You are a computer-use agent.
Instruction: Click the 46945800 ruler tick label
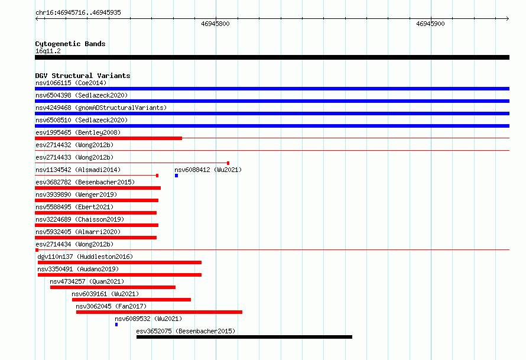[215, 24]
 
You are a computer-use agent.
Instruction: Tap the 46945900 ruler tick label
[430, 24]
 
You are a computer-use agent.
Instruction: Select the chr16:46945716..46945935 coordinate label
[78, 13]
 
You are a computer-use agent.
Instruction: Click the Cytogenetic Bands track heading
[70, 44]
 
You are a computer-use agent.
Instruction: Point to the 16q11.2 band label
[48, 51]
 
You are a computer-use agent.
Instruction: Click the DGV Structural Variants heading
[83, 76]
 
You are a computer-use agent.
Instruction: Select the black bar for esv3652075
[244, 337]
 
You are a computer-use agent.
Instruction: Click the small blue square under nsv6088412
[176, 176]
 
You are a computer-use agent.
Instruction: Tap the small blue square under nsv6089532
[116, 325]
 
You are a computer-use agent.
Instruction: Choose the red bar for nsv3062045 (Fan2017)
[159, 312]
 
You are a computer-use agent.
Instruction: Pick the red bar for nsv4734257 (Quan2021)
[113, 287]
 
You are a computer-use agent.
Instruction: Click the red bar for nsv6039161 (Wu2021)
[131, 300]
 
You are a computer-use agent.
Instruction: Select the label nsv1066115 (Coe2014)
[71, 83]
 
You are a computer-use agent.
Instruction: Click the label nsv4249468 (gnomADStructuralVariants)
[101, 108]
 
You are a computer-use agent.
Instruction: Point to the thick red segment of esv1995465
[108, 138]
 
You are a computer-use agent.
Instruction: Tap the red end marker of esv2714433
[228, 163]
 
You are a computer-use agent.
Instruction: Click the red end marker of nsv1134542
[157, 176]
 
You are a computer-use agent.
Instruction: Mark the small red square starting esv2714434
[37, 250]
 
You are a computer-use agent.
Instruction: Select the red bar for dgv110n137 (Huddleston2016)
[120, 262]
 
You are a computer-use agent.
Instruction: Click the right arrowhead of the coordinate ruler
[508, 18]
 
